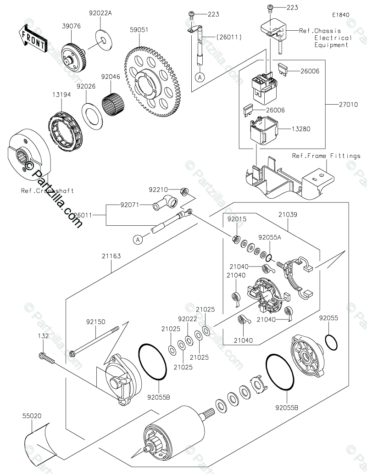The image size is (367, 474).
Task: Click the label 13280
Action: (301, 129)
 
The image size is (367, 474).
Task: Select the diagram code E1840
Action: (341, 15)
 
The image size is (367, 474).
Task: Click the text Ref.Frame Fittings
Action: (326, 156)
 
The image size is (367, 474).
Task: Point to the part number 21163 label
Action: (111, 256)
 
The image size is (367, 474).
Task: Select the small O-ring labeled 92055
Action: (331, 341)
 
